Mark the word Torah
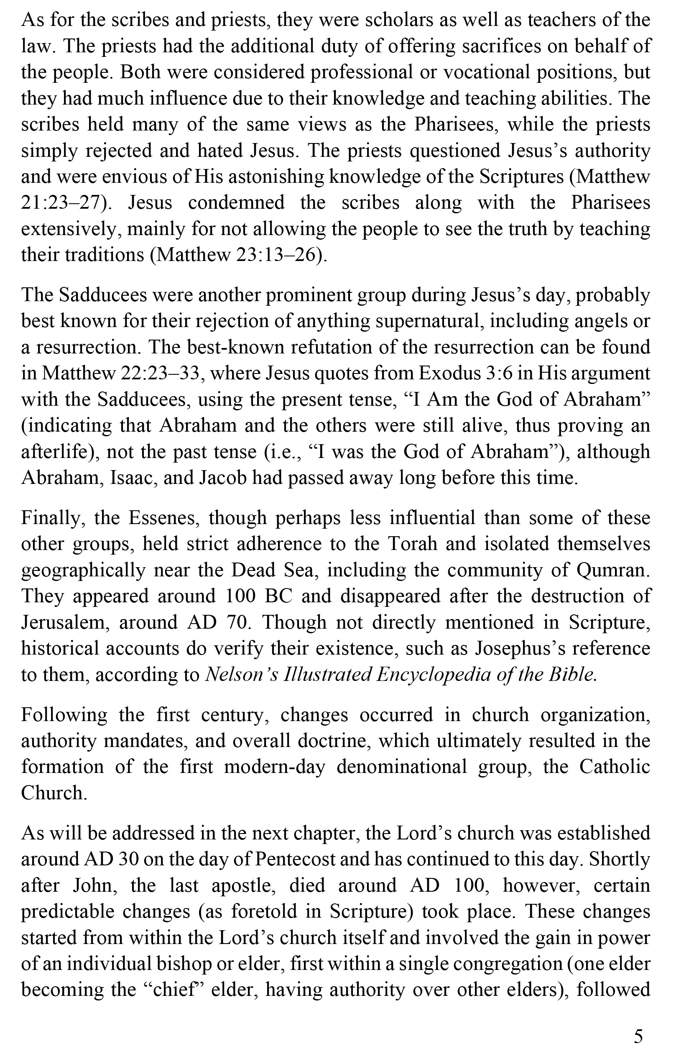point(413,544)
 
